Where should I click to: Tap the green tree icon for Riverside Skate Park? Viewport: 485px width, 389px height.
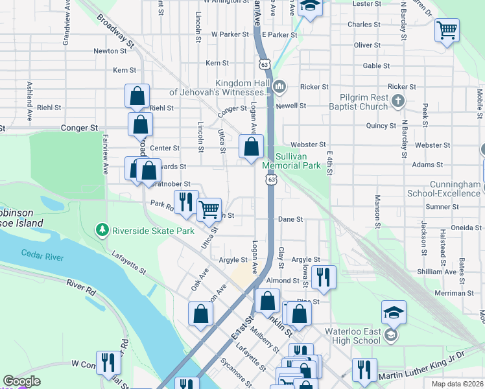click(102, 230)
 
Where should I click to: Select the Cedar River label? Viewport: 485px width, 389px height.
click(42, 257)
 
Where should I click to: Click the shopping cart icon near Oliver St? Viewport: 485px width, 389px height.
click(447, 30)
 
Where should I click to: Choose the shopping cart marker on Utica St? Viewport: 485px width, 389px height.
click(209, 209)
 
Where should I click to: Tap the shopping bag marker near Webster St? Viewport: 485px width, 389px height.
click(251, 147)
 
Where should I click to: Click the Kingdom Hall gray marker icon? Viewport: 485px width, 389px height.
click(279, 86)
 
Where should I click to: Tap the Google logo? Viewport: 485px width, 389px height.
click(21, 381)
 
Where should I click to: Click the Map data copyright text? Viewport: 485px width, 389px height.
click(457, 384)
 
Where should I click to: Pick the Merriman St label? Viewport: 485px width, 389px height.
click(455, 294)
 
